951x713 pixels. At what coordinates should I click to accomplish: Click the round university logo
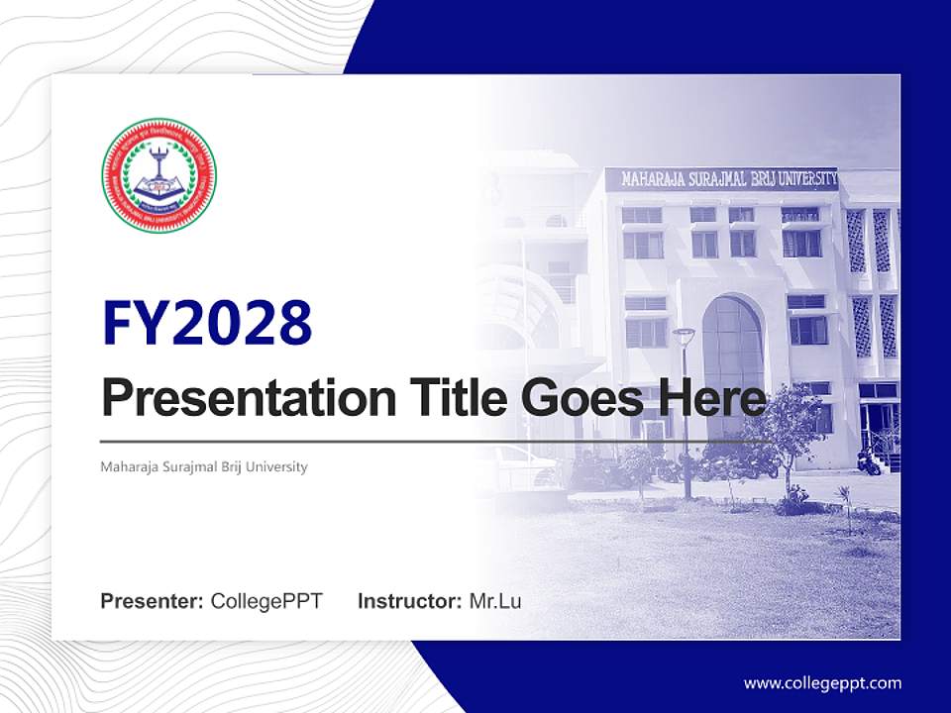coord(158,174)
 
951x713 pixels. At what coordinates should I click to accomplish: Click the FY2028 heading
coord(207,323)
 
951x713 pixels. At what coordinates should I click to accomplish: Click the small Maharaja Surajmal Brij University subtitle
coord(204,466)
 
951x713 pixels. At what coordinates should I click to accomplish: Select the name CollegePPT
coord(266,601)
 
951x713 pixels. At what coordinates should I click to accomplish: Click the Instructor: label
coord(409,601)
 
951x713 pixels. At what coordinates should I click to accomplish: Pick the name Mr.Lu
coord(495,601)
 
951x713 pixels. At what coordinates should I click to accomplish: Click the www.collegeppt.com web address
coord(822,683)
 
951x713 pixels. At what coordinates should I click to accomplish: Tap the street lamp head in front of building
coord(684,335)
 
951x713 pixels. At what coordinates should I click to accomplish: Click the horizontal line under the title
coord(436,441)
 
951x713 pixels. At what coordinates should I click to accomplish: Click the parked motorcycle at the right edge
coord(869,461)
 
